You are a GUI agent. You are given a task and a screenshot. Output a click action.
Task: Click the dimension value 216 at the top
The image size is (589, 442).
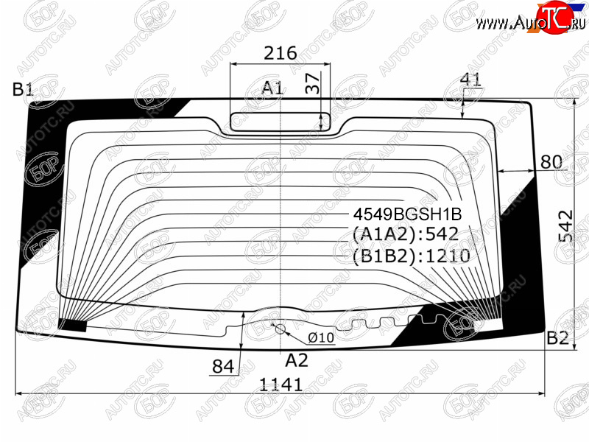pyautogui.click(x=281, y=53)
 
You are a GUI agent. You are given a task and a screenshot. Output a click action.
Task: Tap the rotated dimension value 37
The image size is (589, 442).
pyautogui.click(x=312, y=83)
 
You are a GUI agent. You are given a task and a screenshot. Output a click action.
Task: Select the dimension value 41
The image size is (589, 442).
pyautogui.click(x=470, y=80)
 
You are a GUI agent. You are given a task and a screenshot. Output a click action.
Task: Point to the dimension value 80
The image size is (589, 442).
pyautogui.click(x=551, y=162)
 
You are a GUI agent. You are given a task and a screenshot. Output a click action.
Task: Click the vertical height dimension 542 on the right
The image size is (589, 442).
pyautogui.click(x=565, y=225)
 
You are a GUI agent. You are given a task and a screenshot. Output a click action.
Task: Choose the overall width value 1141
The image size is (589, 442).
pyautogui.click(x=281, y=385)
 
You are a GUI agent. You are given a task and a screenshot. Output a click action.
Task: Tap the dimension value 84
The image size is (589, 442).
pyautogui.click(x=223, y=366)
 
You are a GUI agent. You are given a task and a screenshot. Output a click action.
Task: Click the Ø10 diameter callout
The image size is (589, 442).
pyautogui.click(x=321, y=337)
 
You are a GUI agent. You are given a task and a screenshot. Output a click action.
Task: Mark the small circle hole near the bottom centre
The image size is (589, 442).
pyautogui.click(x=281, y=329)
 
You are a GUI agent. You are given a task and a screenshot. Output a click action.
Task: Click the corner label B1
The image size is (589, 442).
pyautogui.click(x=23, y=89)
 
